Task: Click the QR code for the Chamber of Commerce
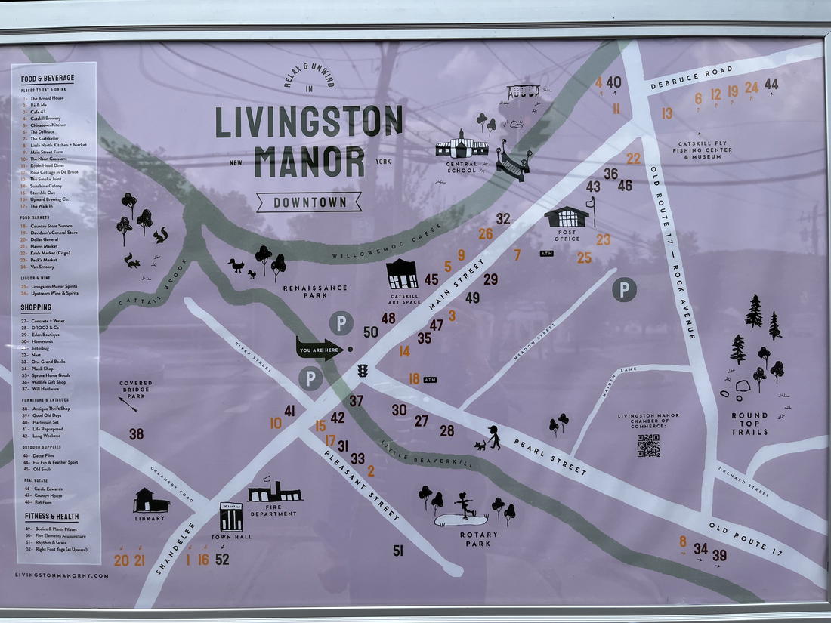coord(648,446)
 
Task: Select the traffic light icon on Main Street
coord(363,371)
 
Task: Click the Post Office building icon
coord(567,217)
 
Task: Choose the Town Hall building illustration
coord(231,517)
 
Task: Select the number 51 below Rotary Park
coord(398,551)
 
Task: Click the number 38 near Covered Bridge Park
coord(136,434)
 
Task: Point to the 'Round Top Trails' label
coord(749,424)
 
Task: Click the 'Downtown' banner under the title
coord(309,202)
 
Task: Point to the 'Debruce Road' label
coord(691,78)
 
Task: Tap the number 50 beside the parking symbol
coord(370,332)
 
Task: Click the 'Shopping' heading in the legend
coord(36,308)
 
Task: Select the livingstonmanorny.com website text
coord(61,575)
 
